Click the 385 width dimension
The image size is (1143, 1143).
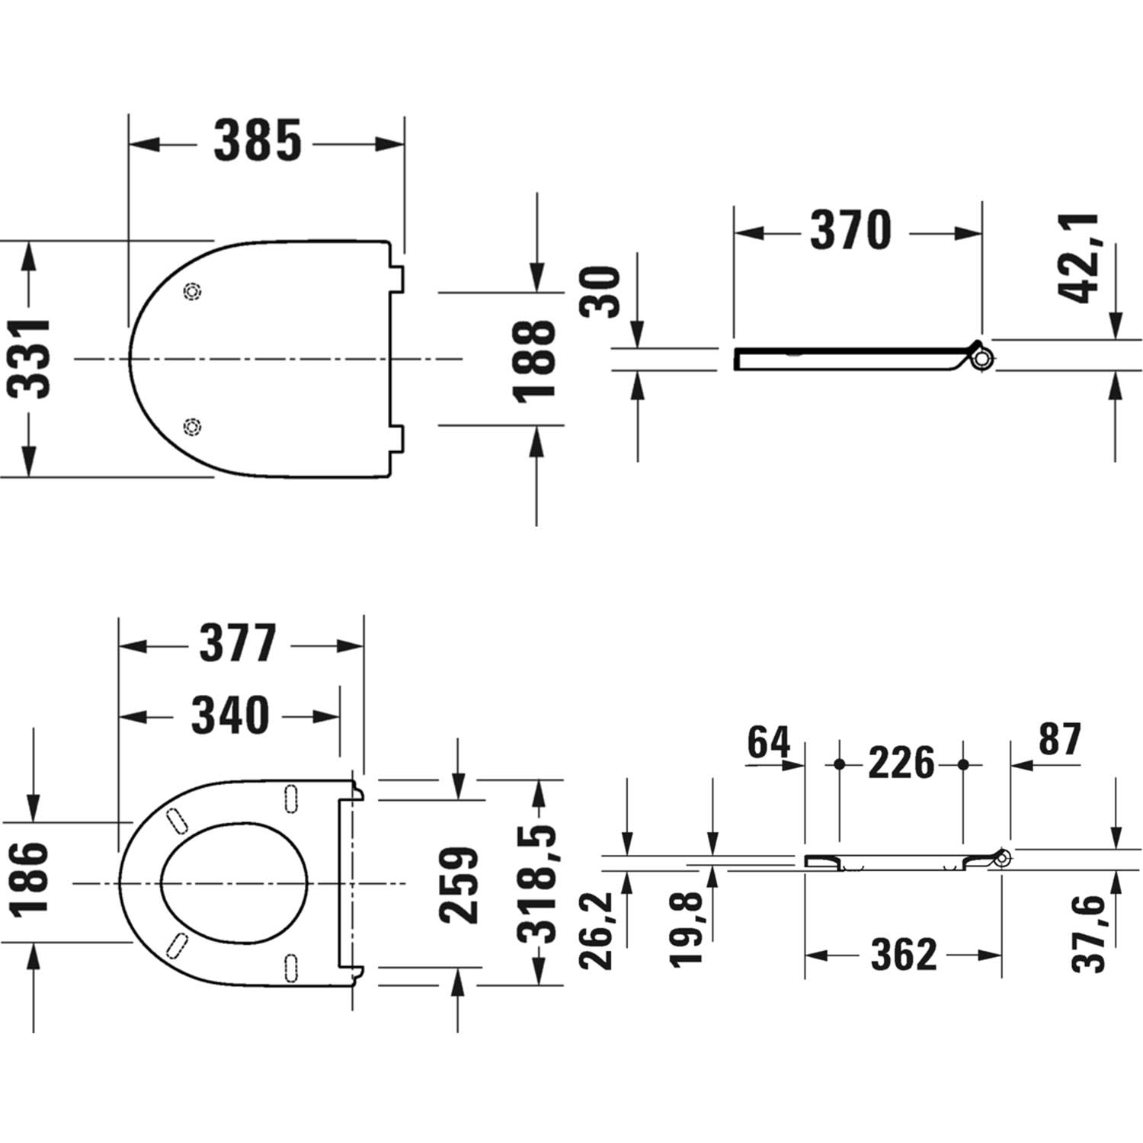tap(258, 141)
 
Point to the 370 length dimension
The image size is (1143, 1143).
tap(850, 229)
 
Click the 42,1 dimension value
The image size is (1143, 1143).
tap(1079, 258)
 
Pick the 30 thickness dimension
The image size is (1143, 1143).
tap(600, 291)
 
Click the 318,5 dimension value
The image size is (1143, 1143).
tap(538, 885)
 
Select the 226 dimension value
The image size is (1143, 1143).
tap(901, 763)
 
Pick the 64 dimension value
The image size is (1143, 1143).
tap(769, 742)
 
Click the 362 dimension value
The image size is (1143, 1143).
tap(903, 954)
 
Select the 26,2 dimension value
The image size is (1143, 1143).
tap(596, 930)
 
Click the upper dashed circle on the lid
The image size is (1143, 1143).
tap(193, 291)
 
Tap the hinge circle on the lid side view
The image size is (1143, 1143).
tap(984, 357)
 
